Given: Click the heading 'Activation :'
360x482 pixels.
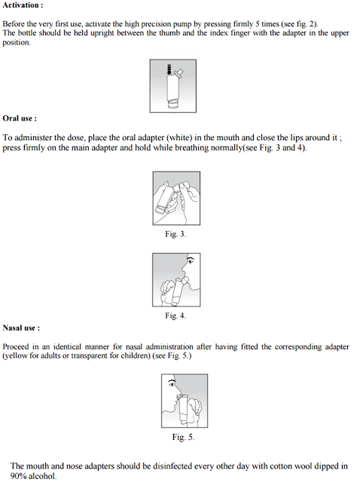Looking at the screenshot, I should [23, 5].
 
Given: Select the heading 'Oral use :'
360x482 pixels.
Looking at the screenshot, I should [20, 118].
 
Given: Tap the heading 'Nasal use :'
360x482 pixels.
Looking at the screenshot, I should [22, 328].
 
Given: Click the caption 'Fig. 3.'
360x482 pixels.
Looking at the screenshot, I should [175, 234].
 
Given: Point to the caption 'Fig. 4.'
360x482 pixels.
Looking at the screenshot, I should [175, 315].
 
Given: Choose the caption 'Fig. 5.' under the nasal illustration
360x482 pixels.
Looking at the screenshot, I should [183, 437].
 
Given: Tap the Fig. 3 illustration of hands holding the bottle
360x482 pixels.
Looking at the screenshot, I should [175, 200].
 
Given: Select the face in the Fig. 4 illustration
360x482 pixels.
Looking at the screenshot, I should [188, 269].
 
